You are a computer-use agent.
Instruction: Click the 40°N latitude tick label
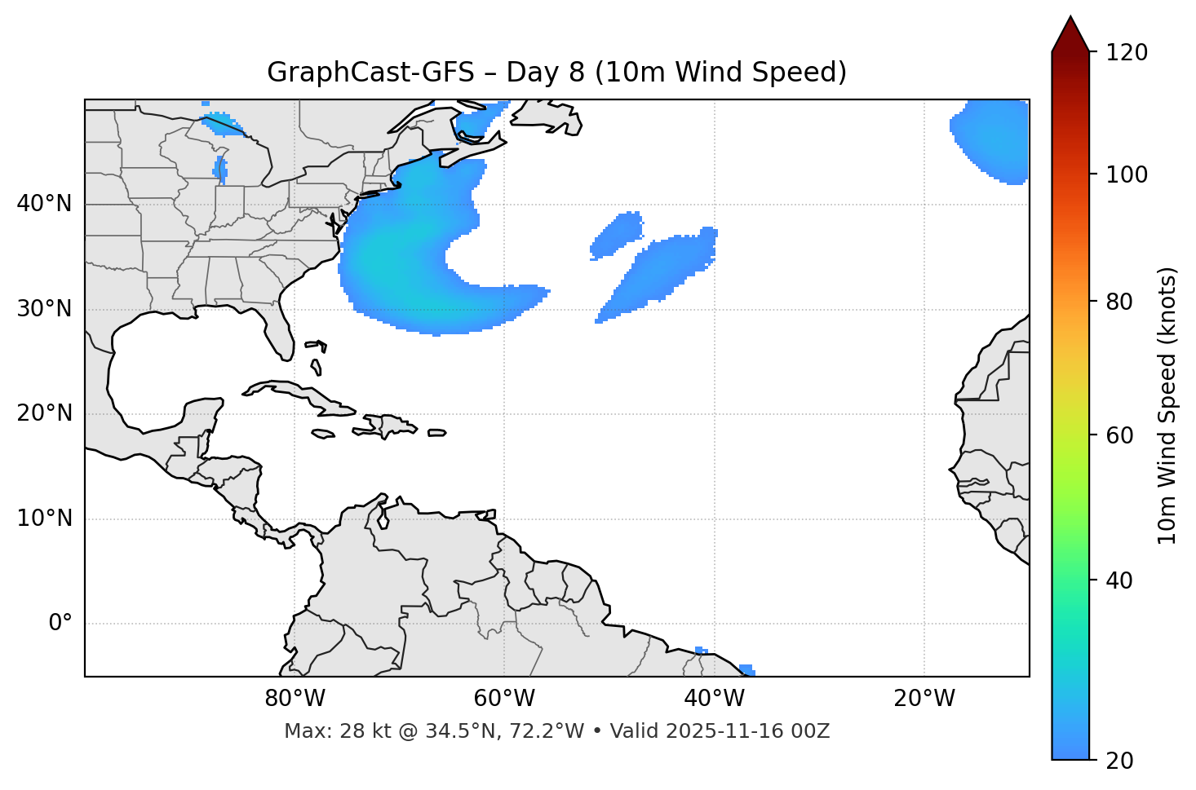tap(44, 204)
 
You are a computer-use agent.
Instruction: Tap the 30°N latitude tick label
tap(44, 309)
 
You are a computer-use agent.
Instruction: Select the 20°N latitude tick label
tap(44, 413)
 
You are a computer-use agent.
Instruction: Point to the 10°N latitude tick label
tap(44, 519)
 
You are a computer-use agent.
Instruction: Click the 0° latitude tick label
tap(60, 624)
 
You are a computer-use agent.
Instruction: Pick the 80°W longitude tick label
tap(295, 699)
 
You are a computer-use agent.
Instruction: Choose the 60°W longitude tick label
tap(504, 699)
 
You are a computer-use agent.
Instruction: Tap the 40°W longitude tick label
tap(714, 699)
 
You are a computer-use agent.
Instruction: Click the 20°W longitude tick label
tap(924, 699)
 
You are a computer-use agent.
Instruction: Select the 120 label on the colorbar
tap(1127, 53)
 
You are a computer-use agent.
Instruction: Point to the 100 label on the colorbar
tap(1127, 174)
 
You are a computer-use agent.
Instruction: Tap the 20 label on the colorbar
tap(1118, 761)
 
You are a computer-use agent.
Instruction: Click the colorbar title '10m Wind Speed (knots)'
tap(1167, 405)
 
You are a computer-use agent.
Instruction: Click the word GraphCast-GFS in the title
tap(370, 73)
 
